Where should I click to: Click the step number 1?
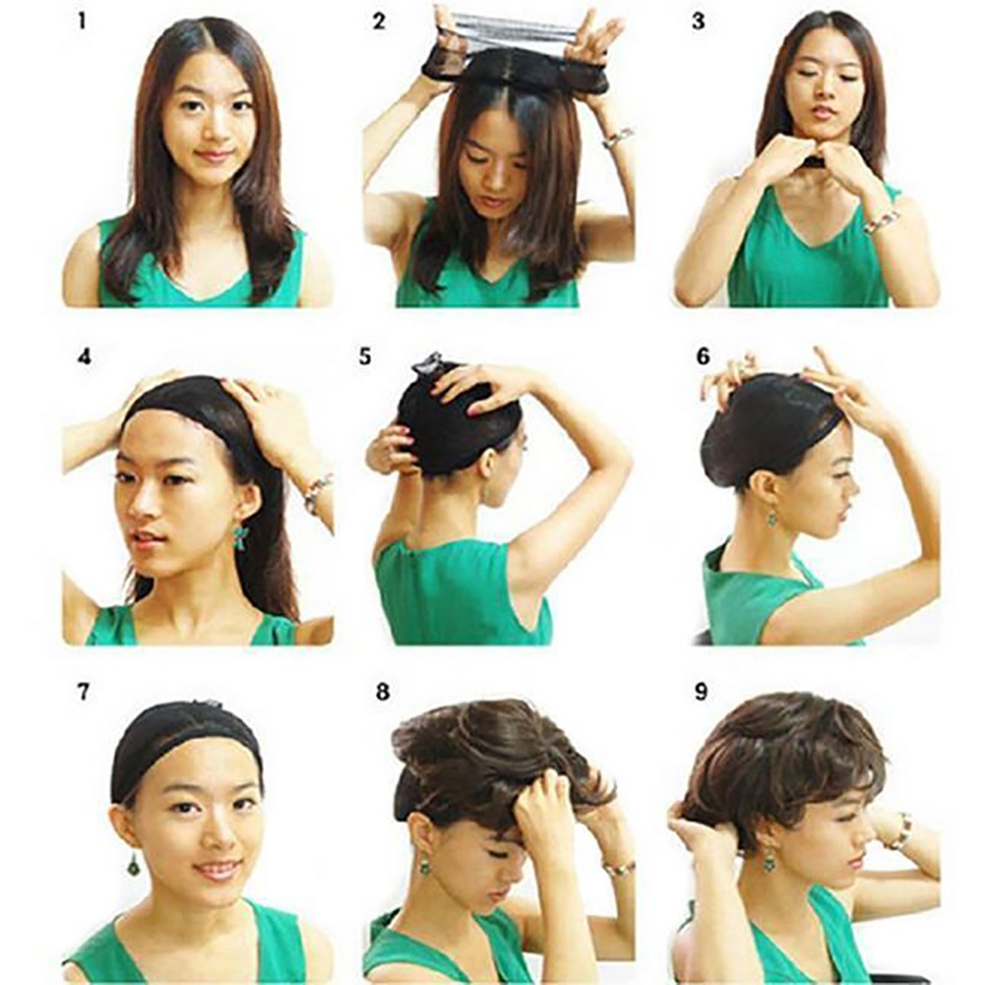coord(83,20)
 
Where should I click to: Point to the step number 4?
coord(84,356)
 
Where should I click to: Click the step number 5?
coord(365,356)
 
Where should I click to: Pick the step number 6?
coord(703,356)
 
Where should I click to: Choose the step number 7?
coord(84,691)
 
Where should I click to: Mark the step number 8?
coord(382,692)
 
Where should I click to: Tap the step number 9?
coord(701,692)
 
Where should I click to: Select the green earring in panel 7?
coord(133,864)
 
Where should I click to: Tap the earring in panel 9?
coord(769,858)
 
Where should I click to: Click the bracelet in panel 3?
coord(881,221)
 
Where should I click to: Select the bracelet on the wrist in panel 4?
coord(317,492)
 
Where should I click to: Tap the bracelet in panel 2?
coord(617,137)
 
